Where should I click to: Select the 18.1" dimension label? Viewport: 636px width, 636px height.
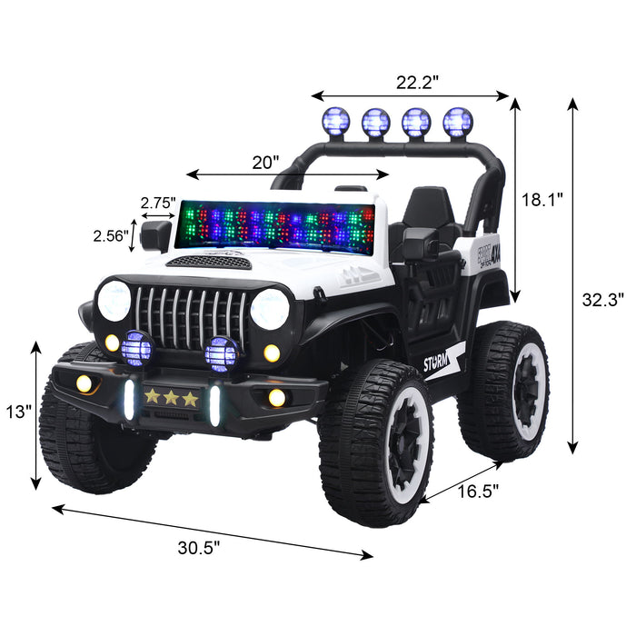pos(542,200)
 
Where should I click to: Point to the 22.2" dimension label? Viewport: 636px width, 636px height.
pos(416,81)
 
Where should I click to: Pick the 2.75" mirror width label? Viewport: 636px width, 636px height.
pos(157,203)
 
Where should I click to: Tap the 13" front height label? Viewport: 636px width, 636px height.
pos(17,412)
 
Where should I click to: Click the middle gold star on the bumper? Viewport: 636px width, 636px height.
pos(171,397)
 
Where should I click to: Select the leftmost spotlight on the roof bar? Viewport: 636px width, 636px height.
pos(335,120)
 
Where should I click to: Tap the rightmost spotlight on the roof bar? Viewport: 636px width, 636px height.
pos(457,121)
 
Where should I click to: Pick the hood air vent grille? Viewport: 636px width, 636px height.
pos(211,262)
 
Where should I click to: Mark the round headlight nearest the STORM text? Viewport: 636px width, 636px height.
pos(270,310)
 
